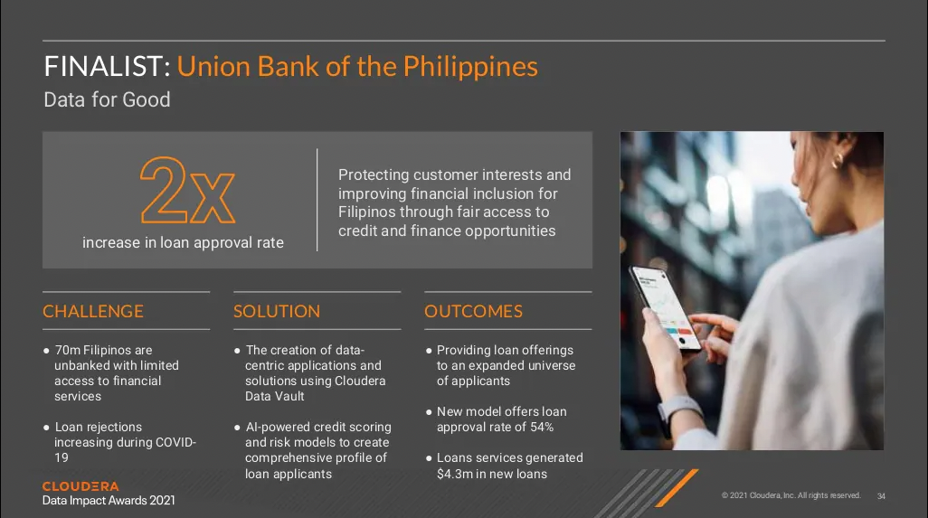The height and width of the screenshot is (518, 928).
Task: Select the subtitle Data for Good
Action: point(107,99)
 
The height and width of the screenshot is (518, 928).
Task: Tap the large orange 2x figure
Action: point(187,190)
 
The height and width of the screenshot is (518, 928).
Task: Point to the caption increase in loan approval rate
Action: point(183,242)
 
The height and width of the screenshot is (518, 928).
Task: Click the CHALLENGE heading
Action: point(93,311)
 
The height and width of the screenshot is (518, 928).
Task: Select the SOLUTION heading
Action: point(277,311)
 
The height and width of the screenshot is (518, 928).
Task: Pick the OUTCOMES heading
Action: point(473,311)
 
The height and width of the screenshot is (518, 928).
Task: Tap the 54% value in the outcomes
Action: point(542,427)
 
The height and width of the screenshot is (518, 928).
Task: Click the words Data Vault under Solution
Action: point(275,396)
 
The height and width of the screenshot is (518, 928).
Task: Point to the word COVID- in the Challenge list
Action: point(175,442)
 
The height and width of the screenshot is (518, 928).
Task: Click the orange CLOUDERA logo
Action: point(80,486)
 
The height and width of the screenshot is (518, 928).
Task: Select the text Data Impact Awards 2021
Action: point(109,500)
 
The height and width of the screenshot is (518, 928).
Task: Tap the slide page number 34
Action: point(881,496)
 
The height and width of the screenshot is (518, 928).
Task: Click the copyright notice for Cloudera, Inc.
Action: point(791,495)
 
